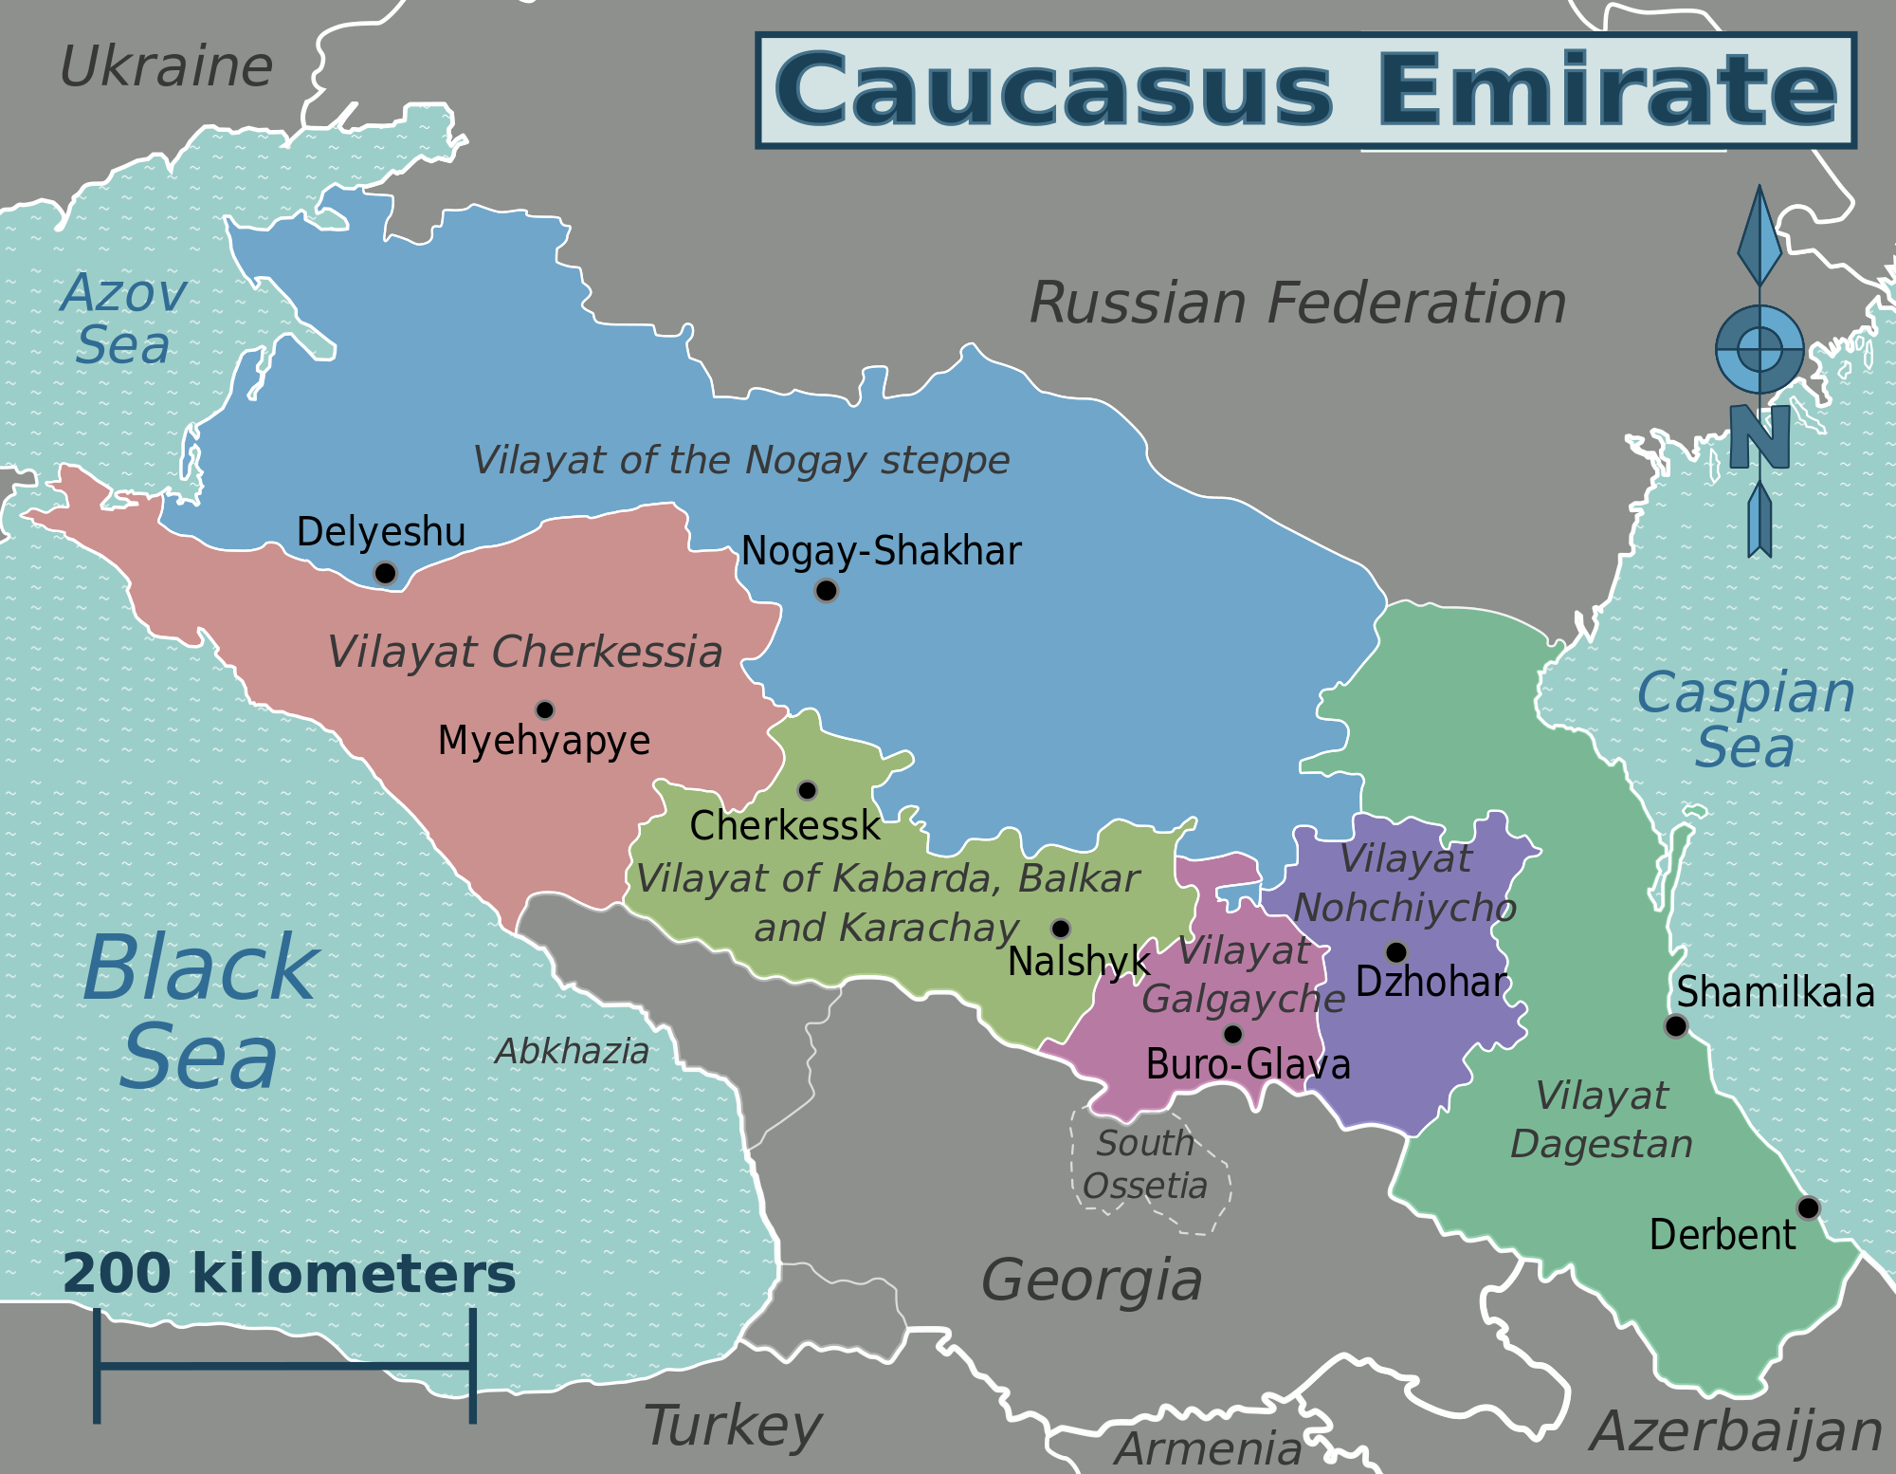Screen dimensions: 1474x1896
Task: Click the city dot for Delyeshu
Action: pyautogui.click(x=385, y=573)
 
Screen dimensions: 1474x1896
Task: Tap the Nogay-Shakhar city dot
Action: pyautogui.click(x=827, y=591)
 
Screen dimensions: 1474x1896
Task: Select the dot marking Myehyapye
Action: pyautogui.click(x=545, y=709)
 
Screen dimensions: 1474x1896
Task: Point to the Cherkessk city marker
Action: pyautogui.click(x=807, y=790)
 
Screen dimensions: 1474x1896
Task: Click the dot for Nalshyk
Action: pyautogui.click(x=1061, y=929)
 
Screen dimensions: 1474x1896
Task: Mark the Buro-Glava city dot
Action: pyautogui.click(x=1233, y=1034)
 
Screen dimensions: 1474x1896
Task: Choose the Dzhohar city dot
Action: pyautogui.click(x=1396, y=951)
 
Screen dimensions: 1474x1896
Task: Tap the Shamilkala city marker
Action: pyautogui.click(x=1676, y=1025)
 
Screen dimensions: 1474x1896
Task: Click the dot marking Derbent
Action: pyautogui.click(x=1809, y=1207)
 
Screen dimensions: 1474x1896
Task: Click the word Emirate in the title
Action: pyautogui.click(x=1607, y=90)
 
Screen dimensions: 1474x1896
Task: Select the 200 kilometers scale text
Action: pyautogui.click(x=289, y=1274)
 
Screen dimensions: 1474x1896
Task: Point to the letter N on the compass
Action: pyautogui.click(x=1759, y=436)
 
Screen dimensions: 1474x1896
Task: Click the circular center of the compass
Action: pyautogui.click(x=1759, y=349)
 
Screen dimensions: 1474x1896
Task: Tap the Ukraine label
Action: pyautogui.click(x=166, y=67)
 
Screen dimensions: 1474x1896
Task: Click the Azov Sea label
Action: pyautogui.click(x=123, y=319)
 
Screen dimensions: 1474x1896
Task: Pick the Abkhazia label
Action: pyautogui.click(x=572, y=1051)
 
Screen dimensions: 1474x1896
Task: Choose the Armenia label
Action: pyautogui.click(x=1208, y=1449)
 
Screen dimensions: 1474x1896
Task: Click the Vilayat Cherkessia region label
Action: pyautogui.click(x=525, y=653)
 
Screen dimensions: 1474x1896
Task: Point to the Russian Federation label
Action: pyautogui.click(x=1298, y=304)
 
